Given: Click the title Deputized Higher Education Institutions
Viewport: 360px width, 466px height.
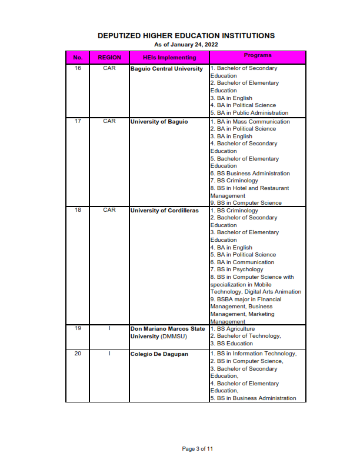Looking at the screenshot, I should [x=186, y=36].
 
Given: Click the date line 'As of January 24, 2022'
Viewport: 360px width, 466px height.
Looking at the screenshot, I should [x=186, y=45].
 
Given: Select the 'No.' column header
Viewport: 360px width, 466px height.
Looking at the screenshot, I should [x=78, y=58].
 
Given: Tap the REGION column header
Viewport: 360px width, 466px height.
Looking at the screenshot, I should [x=109, y=58].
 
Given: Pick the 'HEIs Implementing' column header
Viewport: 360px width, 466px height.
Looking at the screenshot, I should [x=169, y=58].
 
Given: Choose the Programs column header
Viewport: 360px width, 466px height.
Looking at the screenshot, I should [x=258, y=56].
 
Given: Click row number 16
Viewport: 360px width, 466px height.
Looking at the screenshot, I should [x=78, y=69].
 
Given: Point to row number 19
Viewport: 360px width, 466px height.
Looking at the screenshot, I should [x=78, y=328].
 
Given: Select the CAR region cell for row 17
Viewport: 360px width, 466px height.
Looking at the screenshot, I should [x=109, y=121].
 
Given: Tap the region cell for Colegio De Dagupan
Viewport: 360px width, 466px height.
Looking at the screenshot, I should [x=109, y=354].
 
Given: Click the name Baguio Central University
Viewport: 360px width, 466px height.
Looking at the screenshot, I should [x=166, y=69].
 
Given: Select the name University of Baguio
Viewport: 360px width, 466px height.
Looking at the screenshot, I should [x=159, y=122].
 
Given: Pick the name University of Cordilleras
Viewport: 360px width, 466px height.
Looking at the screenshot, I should [x=165, y=211].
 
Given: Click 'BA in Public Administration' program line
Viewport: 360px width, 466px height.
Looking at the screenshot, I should [x=249, y=113].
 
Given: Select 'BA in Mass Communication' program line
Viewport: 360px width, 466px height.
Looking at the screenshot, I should [x=250, y=122].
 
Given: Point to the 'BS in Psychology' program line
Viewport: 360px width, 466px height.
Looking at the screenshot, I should [x=236, y=269].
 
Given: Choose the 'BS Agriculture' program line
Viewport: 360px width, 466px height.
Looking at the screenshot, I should [x=233, y=329].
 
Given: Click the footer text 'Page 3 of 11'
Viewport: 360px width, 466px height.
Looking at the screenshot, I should [x=197, y=449].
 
